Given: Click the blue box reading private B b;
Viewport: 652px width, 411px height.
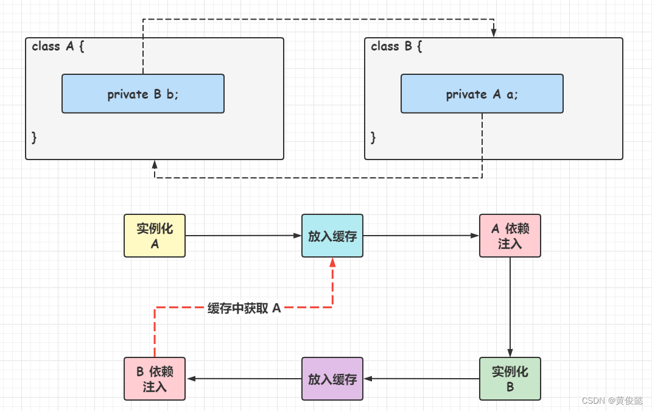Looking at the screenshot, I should (x=143, y=94).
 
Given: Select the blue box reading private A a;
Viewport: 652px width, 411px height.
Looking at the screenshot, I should (x=482, y=94).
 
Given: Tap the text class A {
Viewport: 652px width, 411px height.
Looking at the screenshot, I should (x=58, y=46).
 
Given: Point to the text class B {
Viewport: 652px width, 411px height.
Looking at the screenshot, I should (x=397, y=46).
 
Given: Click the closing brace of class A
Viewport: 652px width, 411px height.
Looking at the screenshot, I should (x=35, y=138).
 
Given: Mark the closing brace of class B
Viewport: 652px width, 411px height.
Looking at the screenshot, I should (x=374, y=138).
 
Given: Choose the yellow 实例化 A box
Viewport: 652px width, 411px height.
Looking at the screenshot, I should (x=155, y=236).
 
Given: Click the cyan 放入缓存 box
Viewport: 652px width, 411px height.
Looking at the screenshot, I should (x=332, y=236).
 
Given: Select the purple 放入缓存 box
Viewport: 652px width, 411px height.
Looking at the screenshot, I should (x=332, y=379).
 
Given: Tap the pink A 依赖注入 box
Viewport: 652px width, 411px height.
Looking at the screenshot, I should (x=510, y=236).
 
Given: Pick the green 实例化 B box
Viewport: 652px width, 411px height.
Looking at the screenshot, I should (x=510, y=379).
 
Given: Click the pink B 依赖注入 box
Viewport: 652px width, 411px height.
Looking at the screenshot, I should (x=155, y=379).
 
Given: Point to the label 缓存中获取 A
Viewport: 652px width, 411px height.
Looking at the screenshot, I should (x=244, y=308).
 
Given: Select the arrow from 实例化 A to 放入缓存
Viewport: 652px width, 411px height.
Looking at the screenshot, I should (x=244, y=236).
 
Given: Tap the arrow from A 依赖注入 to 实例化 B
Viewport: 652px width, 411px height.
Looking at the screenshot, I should (x=510, y=307).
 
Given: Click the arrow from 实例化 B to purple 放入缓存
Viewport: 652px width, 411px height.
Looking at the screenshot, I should (x=421, y=379).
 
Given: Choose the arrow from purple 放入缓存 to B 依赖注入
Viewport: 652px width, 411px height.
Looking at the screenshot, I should (x=244, y=379).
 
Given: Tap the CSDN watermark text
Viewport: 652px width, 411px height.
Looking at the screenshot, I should (x=612, y=401).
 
